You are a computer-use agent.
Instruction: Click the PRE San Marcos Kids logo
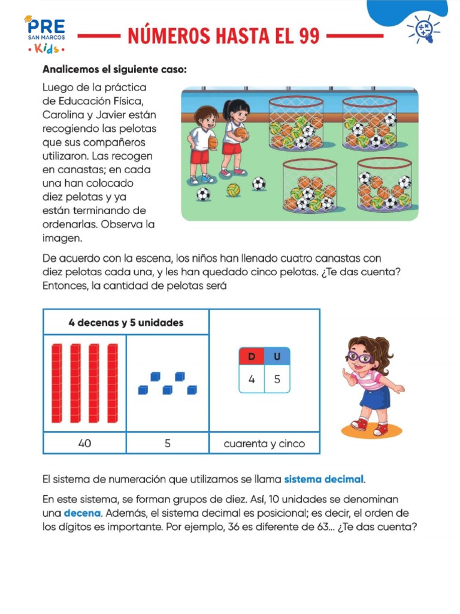point(45,34)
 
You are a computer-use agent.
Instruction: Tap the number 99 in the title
point(309,36)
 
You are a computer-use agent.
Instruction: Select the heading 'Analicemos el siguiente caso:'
point(114,70)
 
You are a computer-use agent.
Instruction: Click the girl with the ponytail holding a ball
point(234,136)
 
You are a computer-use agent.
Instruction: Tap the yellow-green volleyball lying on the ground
point(233,190)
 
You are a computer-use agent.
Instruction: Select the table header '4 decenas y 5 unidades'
point(126,322)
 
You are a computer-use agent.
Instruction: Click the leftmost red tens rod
point(56,382)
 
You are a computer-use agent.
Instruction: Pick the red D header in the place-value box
point(252,356)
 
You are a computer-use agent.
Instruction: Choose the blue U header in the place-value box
point(277,356)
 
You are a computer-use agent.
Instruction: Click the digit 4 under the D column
point(252,380)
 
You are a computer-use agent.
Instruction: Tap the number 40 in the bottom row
point(84,444)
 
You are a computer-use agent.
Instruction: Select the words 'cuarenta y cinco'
point(264,444)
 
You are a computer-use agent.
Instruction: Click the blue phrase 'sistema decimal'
point(323,479)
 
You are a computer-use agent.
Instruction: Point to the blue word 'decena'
point(82,513)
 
